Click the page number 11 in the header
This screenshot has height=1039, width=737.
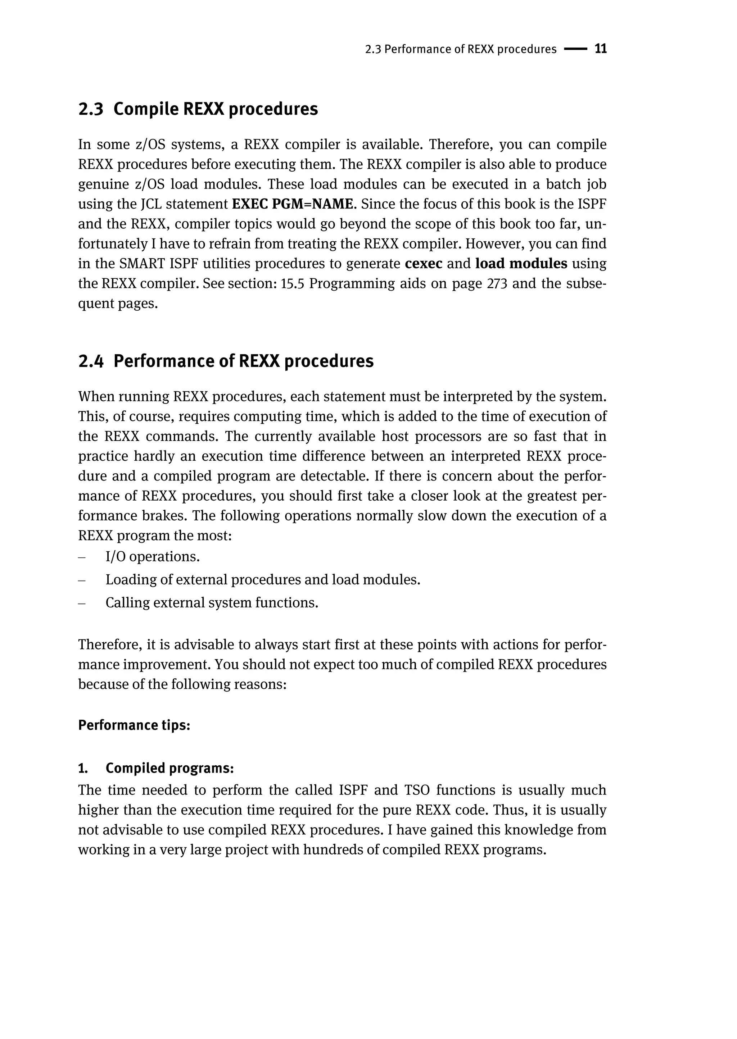[x=600, y=49]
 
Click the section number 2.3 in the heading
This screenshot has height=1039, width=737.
[x=91, y=109]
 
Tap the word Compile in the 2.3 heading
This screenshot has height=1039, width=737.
[x=146, y=109]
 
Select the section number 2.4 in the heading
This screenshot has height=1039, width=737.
[x=91, y=361]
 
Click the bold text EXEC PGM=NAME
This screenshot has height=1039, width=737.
[x=292, y=204]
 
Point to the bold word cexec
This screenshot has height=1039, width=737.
[x=424, y=264]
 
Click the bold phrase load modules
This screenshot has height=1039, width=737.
[x=521, y=264]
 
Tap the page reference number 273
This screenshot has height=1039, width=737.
[x=497, y=283]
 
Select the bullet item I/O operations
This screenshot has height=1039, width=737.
[x=153, y=556]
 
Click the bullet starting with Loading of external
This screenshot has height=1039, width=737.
[x=263, y=580]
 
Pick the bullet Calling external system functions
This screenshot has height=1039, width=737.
[x=212, y=603]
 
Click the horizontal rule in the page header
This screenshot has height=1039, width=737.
[x=575, y=49]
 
